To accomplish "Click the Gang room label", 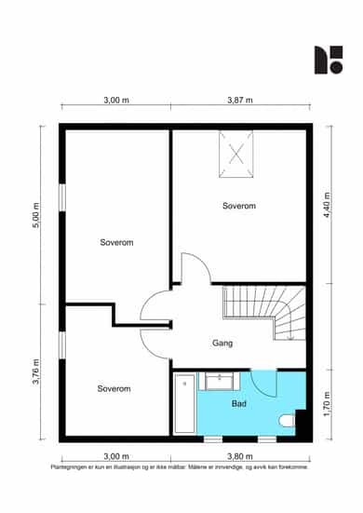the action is click(x=222, y=344).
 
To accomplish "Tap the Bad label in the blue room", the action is click(x=238, y=404).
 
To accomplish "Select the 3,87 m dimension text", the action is click(x=240, y=100).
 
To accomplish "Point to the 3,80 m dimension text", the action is click(x=240, y=456).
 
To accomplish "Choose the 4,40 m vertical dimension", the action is click(x=327, y=206).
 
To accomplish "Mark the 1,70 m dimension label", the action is click(x=327, y=404).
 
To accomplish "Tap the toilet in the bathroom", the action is click(x=288, y=421).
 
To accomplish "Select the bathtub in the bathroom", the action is click(x=185, y=403).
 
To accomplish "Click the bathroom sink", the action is click(x=219, y=381).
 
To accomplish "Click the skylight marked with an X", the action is click(x=236, y=155).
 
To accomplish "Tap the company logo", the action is click(x=329, y=60).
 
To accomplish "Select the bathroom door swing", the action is click(x=264, y=384).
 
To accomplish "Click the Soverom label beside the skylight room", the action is click(x=239, y=206).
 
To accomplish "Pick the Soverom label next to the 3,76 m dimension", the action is click(x=114, y=388).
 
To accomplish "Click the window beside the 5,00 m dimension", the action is click(x=62, y=197).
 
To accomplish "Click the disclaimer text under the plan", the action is click(x=180, y=467).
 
